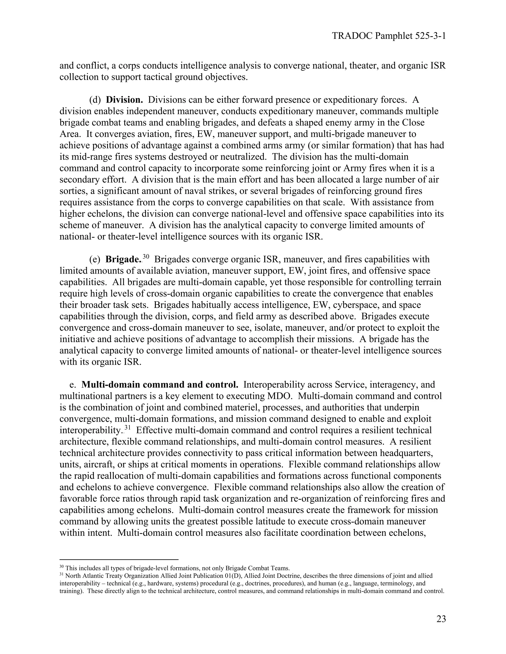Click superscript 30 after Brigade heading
tap(146, 257)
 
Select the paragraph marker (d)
tap(95, 100)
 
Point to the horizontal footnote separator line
tap(119, 559)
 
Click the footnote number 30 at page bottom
tap(62, 567)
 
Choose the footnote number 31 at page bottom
tap(62, 575)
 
